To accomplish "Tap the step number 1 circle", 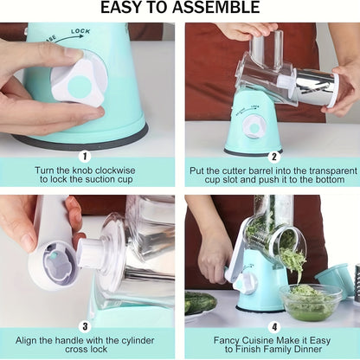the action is click(85, 157).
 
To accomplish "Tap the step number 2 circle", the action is click(274, 157).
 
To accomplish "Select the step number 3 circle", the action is click(85, 327).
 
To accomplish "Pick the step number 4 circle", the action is click(274, 327).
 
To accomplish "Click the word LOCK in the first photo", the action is click(80, 31).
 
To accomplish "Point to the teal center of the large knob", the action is click(79, 86).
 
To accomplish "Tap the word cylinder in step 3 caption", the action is click(138, 341).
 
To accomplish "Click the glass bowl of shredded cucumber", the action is click(310, 302).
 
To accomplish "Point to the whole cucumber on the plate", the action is click(200, 302).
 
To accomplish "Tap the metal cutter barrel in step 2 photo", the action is click(317, 87).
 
